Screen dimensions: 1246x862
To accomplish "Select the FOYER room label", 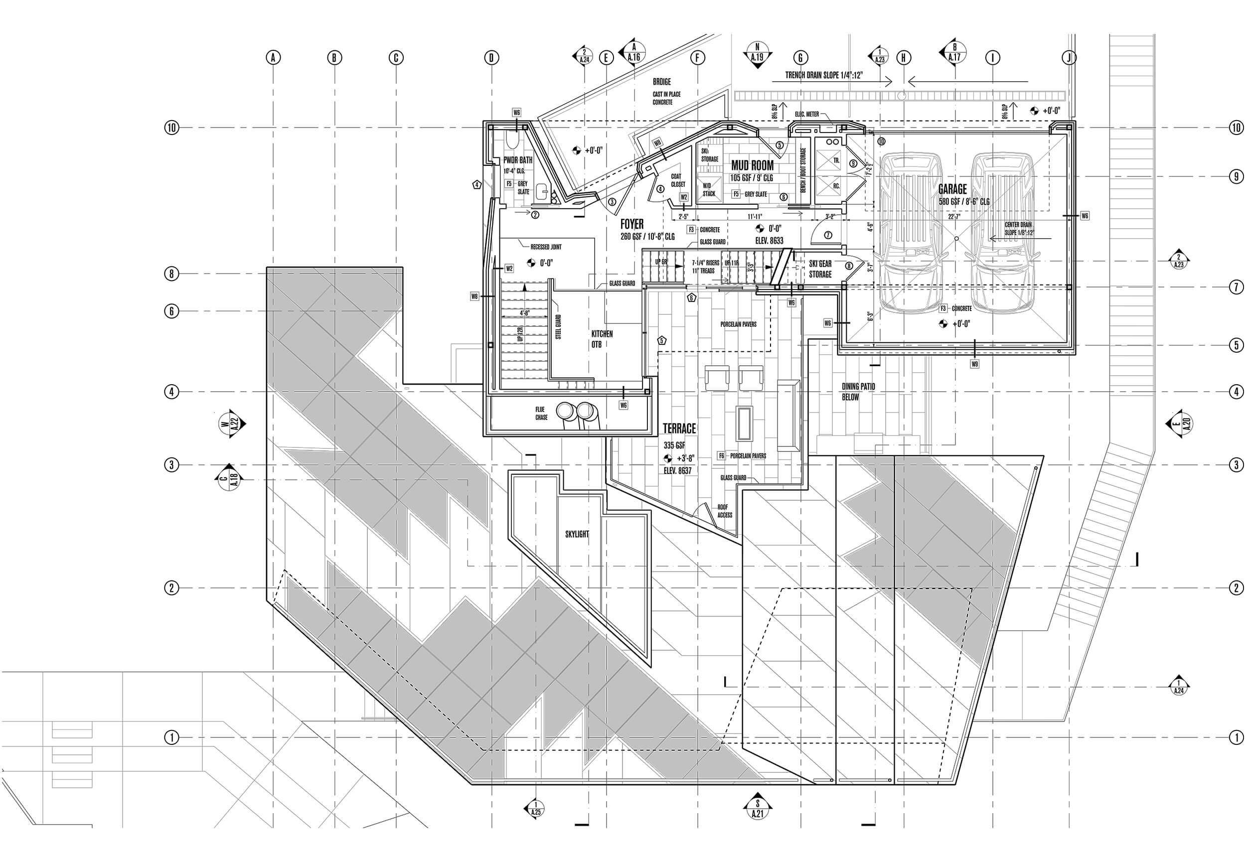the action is click(631, 225).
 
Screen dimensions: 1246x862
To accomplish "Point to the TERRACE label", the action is click(679, 429).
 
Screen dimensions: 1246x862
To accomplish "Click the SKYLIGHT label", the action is click(577, 534).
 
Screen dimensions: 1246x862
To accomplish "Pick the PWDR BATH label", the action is click(517, 160).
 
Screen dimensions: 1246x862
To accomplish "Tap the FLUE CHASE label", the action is click(541, 413).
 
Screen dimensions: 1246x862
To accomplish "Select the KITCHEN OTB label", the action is click(602, 339).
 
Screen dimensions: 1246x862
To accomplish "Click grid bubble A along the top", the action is click(273, 57).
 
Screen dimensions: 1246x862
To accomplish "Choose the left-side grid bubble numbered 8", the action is click(171, 274).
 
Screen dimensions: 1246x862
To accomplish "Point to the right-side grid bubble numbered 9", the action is click(1236, 176).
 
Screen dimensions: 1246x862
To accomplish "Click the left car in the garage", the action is click(909, 232).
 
